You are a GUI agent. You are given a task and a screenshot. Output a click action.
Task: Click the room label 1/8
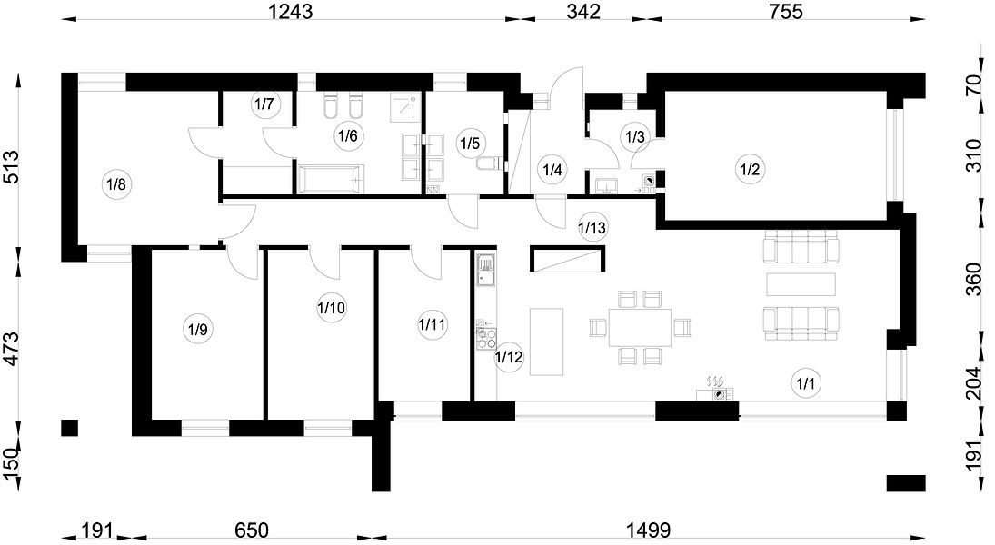[x=116, y=185]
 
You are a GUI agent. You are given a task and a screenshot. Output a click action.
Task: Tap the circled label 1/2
[x=750, y=169]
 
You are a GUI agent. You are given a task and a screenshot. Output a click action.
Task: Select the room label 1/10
[x=332, y=308]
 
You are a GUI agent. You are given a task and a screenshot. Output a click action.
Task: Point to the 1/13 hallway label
[x=592, y=226]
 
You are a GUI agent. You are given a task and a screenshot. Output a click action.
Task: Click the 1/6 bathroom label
[x=348, y=135]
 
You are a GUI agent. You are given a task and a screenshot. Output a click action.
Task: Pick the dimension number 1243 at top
[x=291, y=11]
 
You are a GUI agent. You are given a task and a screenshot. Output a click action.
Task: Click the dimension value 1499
[x=648, y=530]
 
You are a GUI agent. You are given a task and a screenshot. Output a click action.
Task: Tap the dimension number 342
[x=582, y=11]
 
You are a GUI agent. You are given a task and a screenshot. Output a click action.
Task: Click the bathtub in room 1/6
[x=331, y=178]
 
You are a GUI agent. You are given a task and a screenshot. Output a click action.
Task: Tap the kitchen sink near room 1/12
[x=486, y=269]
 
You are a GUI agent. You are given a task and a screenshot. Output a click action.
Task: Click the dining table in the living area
[x=640, y=327]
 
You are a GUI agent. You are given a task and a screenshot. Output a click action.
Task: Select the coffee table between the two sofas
[x=801, y=284]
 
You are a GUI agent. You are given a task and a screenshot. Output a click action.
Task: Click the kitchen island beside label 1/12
[x=546, y=342]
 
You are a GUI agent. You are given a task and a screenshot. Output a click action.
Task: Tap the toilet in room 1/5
[x=488, y=164]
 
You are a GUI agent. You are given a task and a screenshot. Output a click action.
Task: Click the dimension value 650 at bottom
[x=252, y=530]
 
